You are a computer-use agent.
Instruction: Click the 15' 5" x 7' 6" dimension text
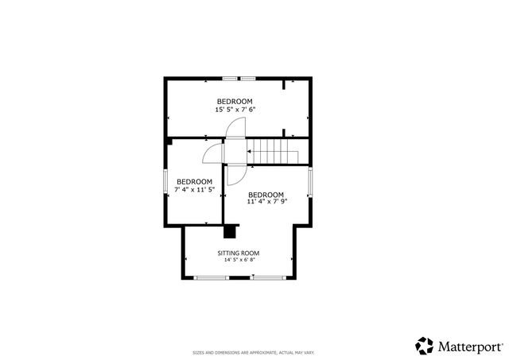(x=235, y=110)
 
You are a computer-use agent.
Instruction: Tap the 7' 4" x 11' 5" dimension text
(x=194, y=190)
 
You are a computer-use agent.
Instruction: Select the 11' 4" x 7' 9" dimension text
(x=266, y=203)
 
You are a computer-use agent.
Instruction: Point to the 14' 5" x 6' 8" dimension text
(x=239, y=260)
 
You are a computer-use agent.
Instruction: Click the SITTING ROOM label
(x=239, y=253)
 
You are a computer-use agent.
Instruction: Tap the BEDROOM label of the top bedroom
(x=235, y=101)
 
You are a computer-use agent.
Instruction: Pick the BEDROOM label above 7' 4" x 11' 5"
(x=194, y=181)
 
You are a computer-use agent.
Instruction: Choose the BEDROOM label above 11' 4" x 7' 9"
(x=266, y=195)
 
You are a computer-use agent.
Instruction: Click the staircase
(x=274, y=150)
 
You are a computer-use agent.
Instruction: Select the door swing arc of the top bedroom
(x=235, y=127)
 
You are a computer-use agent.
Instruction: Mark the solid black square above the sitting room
(x=231, y=231)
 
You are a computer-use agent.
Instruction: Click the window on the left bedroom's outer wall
(x=165, y=181)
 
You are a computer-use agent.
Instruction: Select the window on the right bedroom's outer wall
(x=311, y=183)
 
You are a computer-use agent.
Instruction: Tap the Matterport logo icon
(x=424, y=345)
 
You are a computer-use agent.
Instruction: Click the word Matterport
(x=470, y=346)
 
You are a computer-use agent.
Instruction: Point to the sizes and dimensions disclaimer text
(x=254, y=352)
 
